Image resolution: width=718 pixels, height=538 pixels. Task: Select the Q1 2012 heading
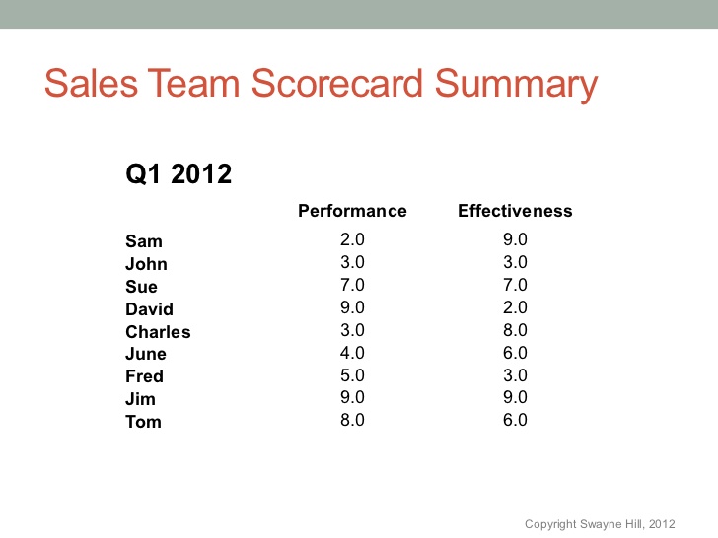pos(179,175)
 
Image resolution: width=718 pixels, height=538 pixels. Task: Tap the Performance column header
pos(352,211)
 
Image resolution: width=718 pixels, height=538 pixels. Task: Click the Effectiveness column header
pos(515,211)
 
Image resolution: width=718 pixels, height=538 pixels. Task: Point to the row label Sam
pos(144,241)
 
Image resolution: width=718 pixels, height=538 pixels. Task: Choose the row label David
pos(149,309)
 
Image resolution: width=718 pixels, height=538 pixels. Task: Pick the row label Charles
pos(158,332)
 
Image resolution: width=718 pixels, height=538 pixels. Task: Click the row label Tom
pos(143,422)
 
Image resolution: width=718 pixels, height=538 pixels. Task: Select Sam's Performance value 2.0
pos(352,239)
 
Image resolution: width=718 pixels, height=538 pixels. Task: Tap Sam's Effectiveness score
pos(515,239)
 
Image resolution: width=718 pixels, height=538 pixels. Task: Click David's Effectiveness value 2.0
pos(515,307)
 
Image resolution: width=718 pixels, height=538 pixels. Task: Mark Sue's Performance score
pos(352,285)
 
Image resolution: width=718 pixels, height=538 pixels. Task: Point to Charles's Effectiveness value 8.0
pos(515,330)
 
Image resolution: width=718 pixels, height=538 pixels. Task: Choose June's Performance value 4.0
pos(352,353)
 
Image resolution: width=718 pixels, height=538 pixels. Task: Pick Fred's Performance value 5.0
pos(352,375)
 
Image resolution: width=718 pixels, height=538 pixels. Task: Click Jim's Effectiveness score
pos(515,397)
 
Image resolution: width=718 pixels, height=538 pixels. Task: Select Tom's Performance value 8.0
pos(352,420)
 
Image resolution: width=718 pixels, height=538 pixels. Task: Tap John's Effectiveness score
pos(515,262)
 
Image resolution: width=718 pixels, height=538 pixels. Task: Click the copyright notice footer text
pos(600,524)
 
